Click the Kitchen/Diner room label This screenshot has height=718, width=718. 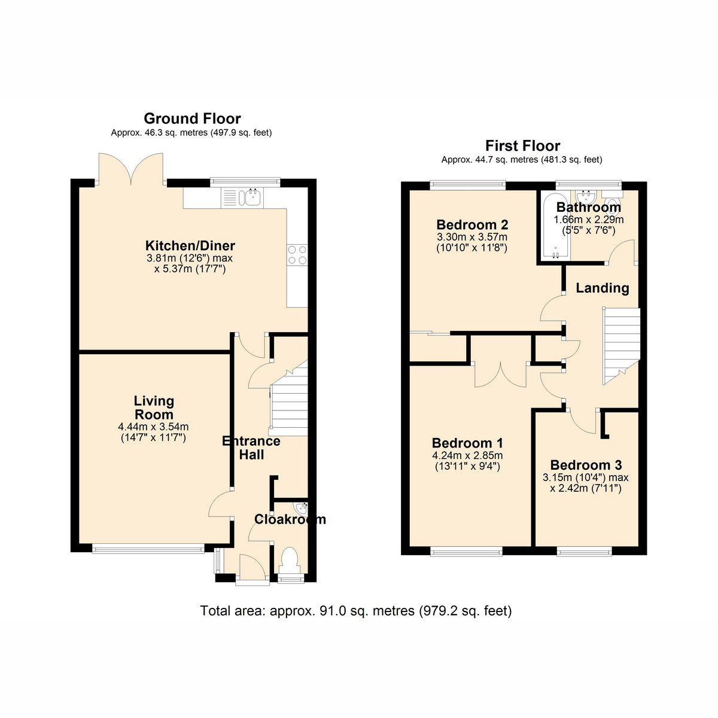point(190,245)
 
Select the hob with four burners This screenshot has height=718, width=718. point(297,255)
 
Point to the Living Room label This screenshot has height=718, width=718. point(154,407)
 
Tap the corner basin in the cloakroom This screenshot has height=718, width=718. point(301,508)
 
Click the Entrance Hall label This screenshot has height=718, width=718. point(251,448)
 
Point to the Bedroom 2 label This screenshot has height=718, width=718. point(472,225)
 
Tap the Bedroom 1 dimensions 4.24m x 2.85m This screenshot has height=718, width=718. point(467,455)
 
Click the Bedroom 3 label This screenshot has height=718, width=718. point(586,465)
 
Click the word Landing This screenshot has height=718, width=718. point(603,288)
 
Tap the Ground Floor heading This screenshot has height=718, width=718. point(192,118)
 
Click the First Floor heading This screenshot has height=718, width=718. point(522,145)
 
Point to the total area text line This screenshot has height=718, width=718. point(356,611)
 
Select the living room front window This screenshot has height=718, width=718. point(148,547)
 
